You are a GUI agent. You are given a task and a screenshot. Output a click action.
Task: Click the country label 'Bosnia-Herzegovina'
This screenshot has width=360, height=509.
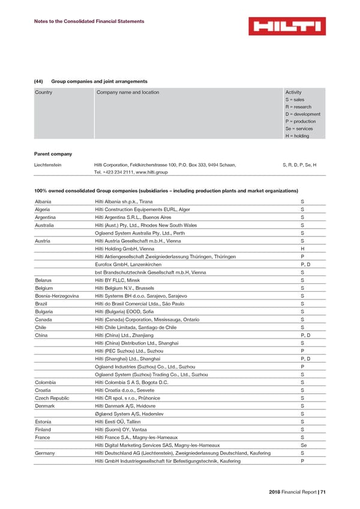(57, 295)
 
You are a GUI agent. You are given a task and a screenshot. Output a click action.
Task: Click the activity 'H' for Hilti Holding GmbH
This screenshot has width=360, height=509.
(302, 248)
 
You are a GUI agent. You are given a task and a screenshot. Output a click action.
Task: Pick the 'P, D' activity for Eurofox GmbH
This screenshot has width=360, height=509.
(305, 264)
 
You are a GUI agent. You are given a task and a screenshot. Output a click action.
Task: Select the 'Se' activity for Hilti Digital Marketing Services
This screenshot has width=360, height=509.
(304, 445)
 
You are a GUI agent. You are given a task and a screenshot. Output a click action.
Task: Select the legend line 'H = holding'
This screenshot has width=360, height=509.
(298, 136)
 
